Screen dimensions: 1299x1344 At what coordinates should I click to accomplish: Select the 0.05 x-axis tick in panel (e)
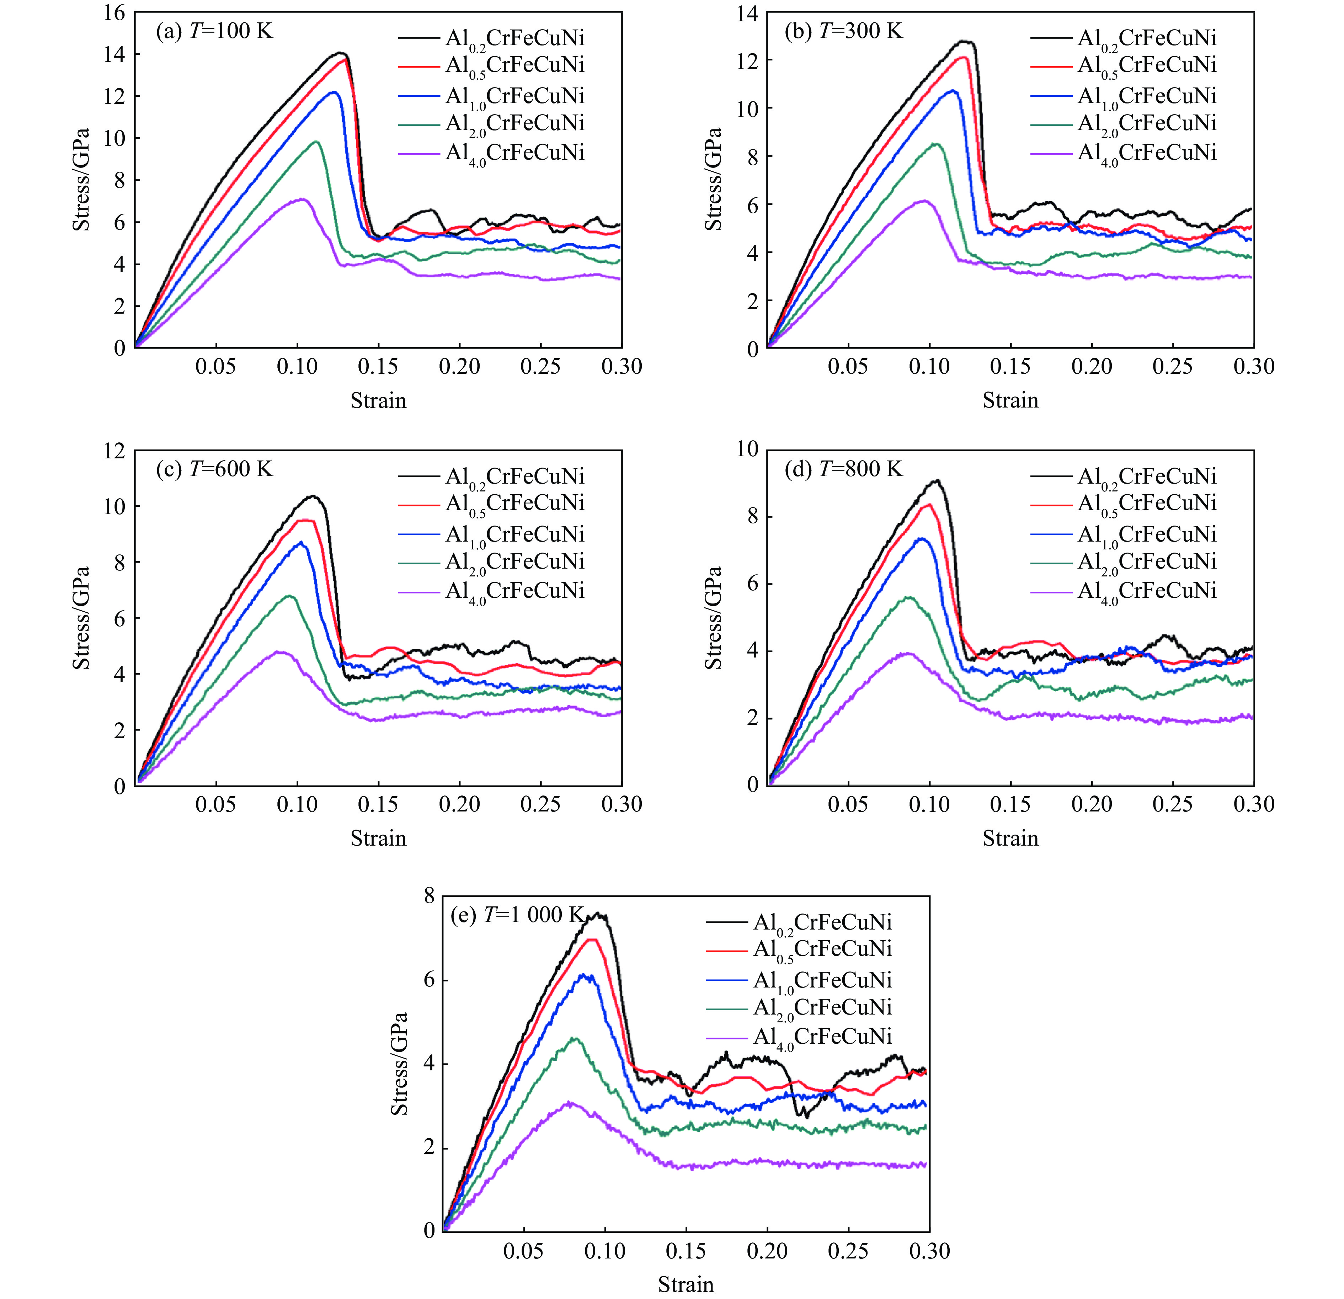click(x=524, y=1250)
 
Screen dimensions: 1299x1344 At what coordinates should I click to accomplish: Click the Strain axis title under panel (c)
click(x=379, y=838)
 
